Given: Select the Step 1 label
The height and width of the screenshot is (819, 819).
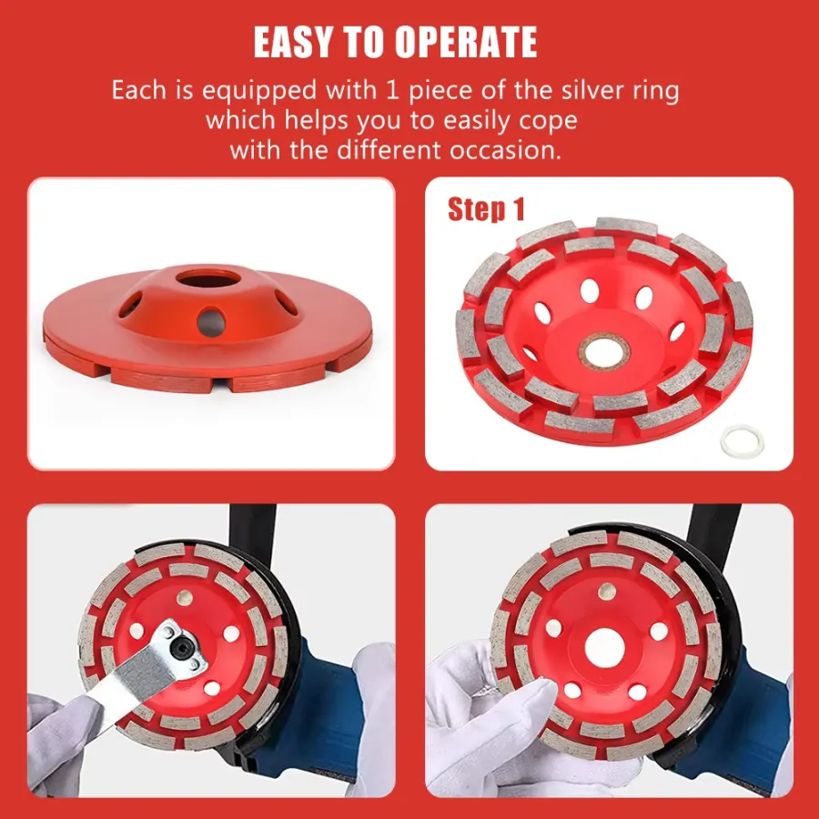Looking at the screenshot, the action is point(486,209).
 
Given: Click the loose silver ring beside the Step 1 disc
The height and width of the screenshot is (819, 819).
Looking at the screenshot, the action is point(742,441).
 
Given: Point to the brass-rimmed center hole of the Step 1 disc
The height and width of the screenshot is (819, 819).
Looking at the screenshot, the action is point(604,352).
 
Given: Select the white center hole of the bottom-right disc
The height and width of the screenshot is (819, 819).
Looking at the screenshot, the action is point(605,648).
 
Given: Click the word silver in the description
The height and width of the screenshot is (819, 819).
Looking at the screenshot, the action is point(601,90).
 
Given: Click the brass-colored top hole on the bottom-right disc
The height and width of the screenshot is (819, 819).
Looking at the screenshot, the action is point(606,591).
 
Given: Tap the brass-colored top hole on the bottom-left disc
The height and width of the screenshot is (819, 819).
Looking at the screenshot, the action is point(185,598).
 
